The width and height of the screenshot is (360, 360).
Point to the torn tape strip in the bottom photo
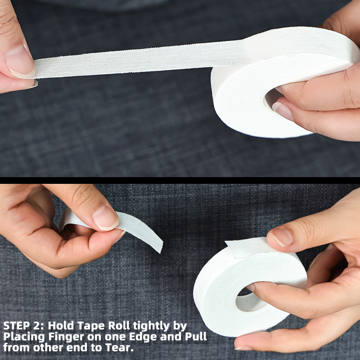[142, 230]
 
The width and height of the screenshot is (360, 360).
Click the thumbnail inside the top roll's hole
[283, 111]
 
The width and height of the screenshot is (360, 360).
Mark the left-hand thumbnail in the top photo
[20, 62]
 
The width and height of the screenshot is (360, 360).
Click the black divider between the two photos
[180, 180]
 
